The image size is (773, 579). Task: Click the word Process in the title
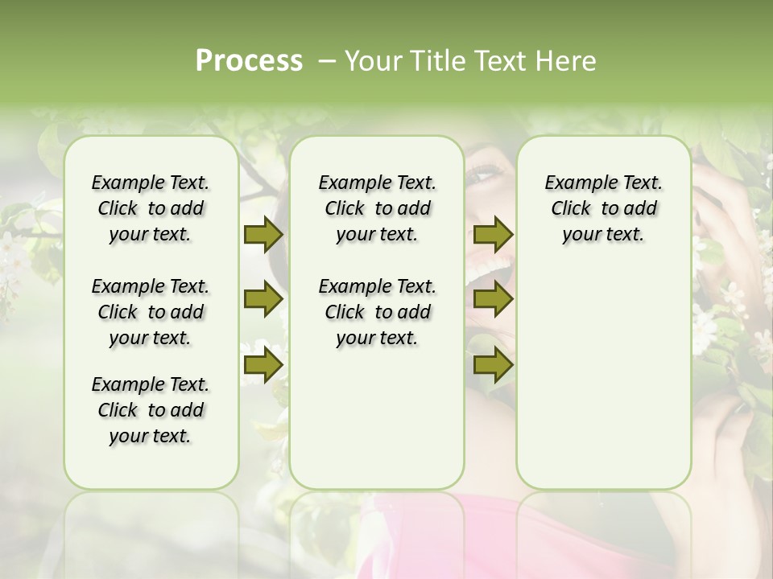249,61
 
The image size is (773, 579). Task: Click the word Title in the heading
433,61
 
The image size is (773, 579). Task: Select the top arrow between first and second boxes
263,234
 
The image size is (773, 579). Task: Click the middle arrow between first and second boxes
263,300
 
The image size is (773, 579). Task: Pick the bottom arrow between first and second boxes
263,365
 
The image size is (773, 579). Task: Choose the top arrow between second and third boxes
493,234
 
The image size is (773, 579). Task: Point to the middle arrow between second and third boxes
493,300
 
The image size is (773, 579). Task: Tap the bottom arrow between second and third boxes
493,365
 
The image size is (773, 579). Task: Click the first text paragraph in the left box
151,208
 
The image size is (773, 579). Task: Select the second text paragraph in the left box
151,312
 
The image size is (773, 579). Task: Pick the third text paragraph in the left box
151,410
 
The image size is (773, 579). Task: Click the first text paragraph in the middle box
377,208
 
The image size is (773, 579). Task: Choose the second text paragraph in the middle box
377,312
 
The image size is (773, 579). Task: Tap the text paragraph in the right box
603,208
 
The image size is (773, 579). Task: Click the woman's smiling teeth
494,265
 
